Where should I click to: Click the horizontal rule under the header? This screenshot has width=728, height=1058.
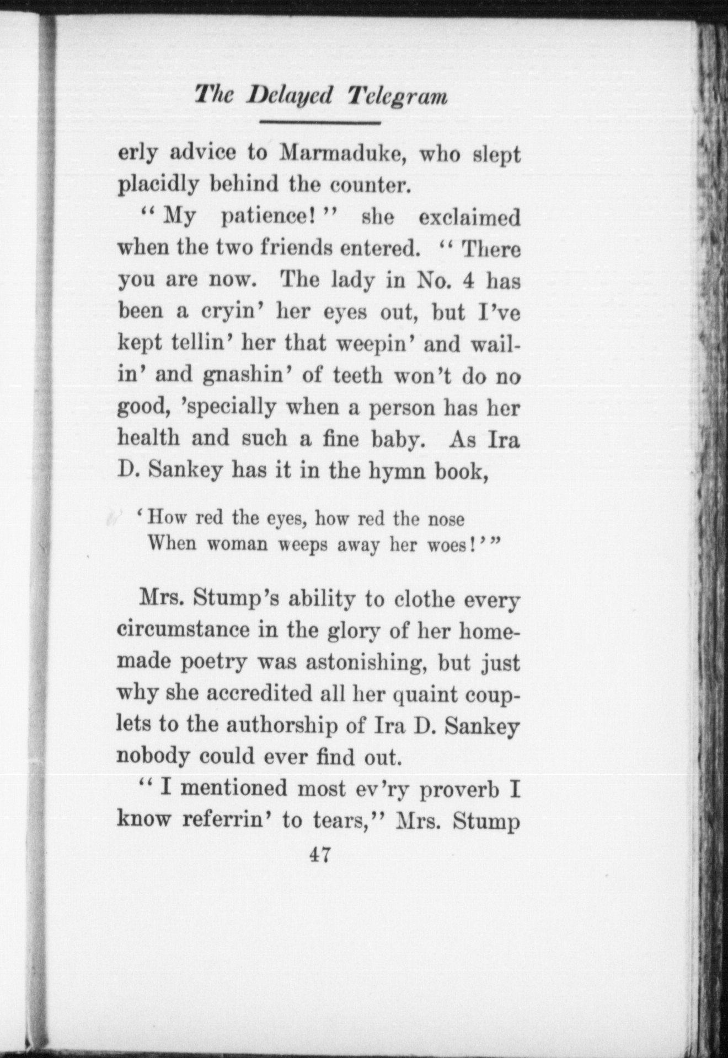coord(320,122)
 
